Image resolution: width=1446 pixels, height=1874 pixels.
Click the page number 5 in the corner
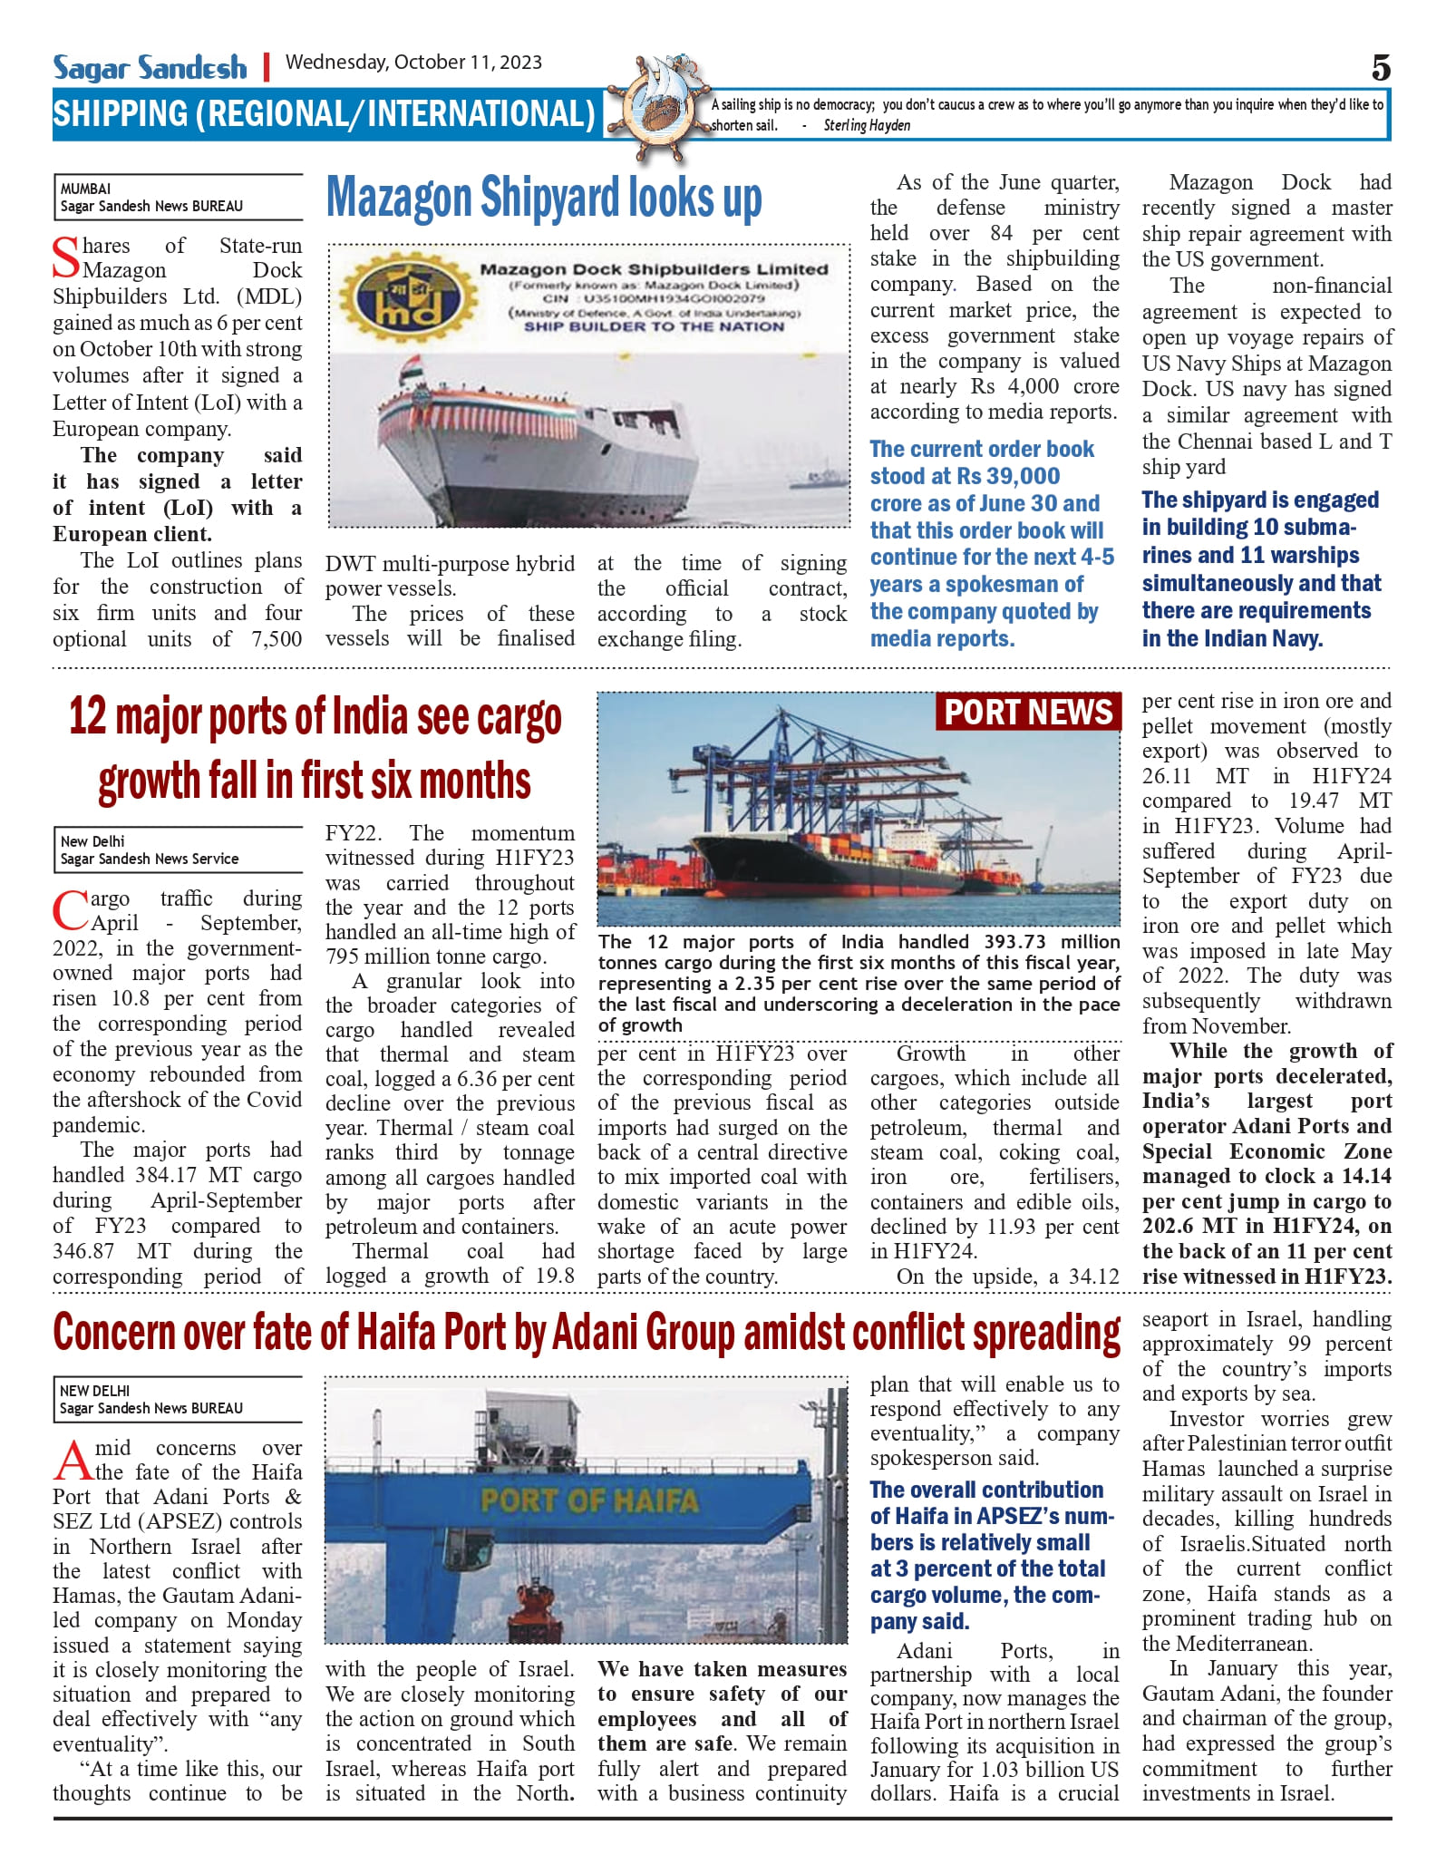pyautogui.click(x=1380, y=68)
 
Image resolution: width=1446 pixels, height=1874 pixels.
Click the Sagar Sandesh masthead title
pyautogui.click(x=150, y=68)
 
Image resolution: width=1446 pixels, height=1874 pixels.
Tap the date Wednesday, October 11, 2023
pyautogui.click(x=413, y=63)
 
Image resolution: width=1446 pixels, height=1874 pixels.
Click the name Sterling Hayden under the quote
pyautogui.click(x=866, y=125)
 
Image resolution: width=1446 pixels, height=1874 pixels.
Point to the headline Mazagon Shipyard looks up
pyautogui.click(x=544, y=199)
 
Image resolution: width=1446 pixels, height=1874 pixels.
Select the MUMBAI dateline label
pyautogui.click(x=85, y=189)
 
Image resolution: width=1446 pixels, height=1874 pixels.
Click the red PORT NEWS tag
pyautogui.click(x=1028, y=713)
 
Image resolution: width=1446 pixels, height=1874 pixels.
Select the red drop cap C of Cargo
pyautogui.click(x=70, y=910)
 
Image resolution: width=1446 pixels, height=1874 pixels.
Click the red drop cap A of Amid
pyautogui.click(x=73, y=1459)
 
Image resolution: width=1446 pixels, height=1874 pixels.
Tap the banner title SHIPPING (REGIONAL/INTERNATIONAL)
pyautogui.click(x=324, y=114)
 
